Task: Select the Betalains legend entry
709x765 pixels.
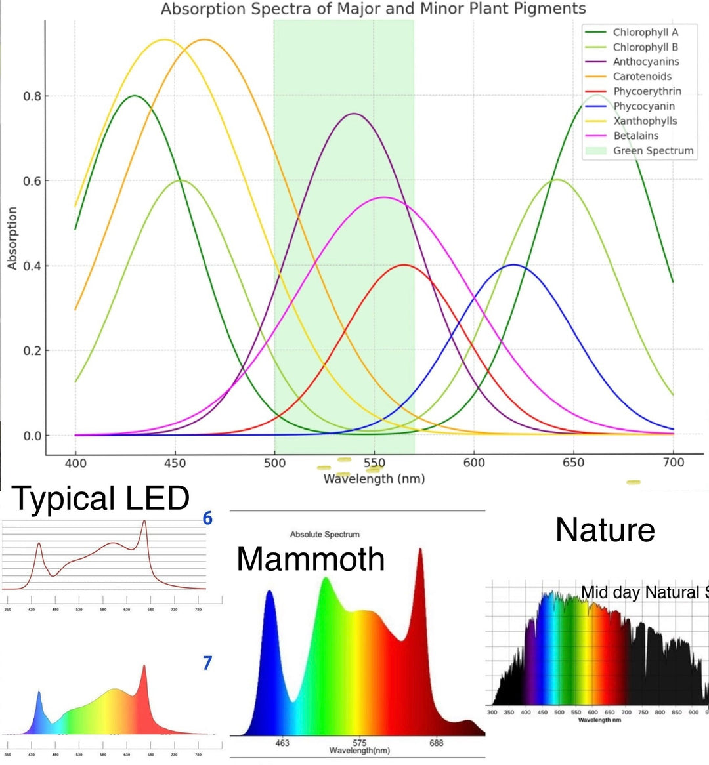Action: tap(635, 136)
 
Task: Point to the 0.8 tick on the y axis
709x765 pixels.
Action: tap(32, 96)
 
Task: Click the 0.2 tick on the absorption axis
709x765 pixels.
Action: tap(32, 351)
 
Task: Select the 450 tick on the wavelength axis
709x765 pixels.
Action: tap(175, 463)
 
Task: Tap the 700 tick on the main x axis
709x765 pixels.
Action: tap(673, 463)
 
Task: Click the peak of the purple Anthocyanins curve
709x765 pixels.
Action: tap(354, 114)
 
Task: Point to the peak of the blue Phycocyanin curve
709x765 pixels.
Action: tap(513, 265)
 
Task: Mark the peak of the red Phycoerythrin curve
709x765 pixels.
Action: tap(404, 265)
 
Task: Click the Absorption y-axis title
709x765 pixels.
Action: tap(12, 238)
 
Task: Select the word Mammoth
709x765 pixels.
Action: tap(311, 559)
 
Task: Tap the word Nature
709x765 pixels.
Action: tap(605, 529)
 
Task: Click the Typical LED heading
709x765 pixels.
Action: tap(100, 499)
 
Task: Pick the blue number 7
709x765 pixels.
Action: tap(207, 663)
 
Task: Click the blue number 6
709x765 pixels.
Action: tap(207, 518)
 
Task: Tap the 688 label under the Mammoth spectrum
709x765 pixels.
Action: tap(437, 743)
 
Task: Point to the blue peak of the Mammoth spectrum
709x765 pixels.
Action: tap(269, 592)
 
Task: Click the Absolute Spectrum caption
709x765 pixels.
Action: tap(324, 535)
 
